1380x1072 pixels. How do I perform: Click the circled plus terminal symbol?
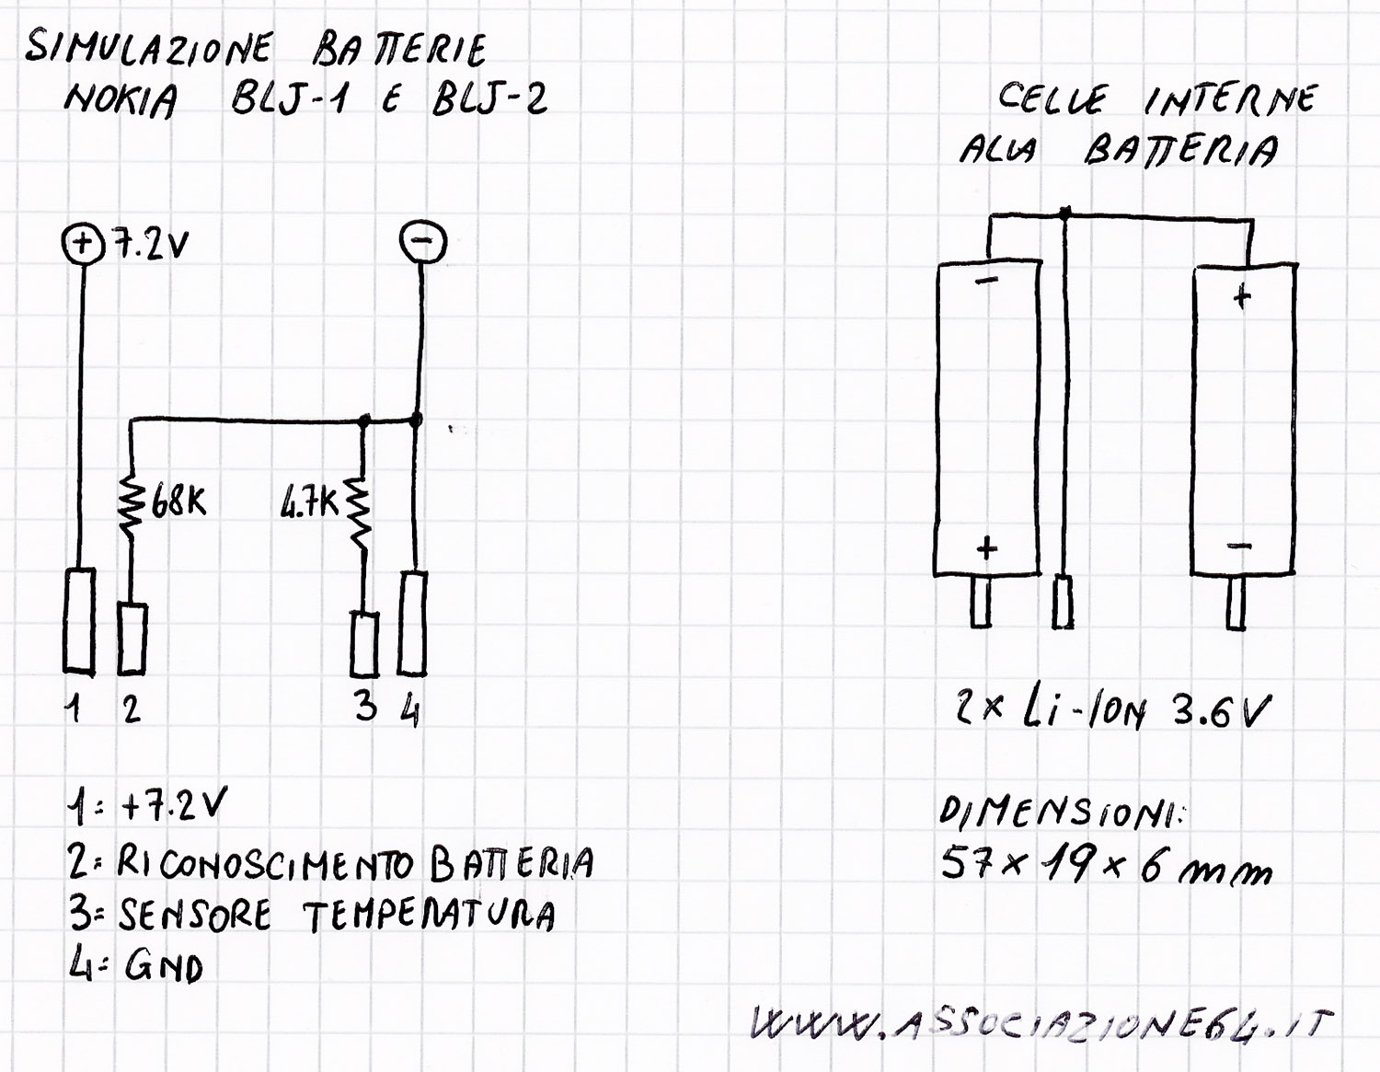click(82, 244)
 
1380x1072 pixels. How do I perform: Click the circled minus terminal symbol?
click(422, 241)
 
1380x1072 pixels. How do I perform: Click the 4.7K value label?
click(309, 505)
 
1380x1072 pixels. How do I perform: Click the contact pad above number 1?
click(79, 620)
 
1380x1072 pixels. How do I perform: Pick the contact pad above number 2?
click(132, 639)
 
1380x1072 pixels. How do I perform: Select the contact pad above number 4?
click(412, 623)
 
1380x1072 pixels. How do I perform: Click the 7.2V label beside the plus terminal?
click(151, 245)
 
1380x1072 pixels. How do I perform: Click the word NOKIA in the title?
click(120, 100)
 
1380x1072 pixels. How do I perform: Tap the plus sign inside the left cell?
click(986, 548)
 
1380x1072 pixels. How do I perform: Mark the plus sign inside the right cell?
click(1242, 296)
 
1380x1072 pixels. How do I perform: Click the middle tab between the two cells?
click(1063, 602)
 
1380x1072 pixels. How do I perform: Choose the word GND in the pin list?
click(164, 968)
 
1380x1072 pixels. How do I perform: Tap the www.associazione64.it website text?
click(1041, 1022)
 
